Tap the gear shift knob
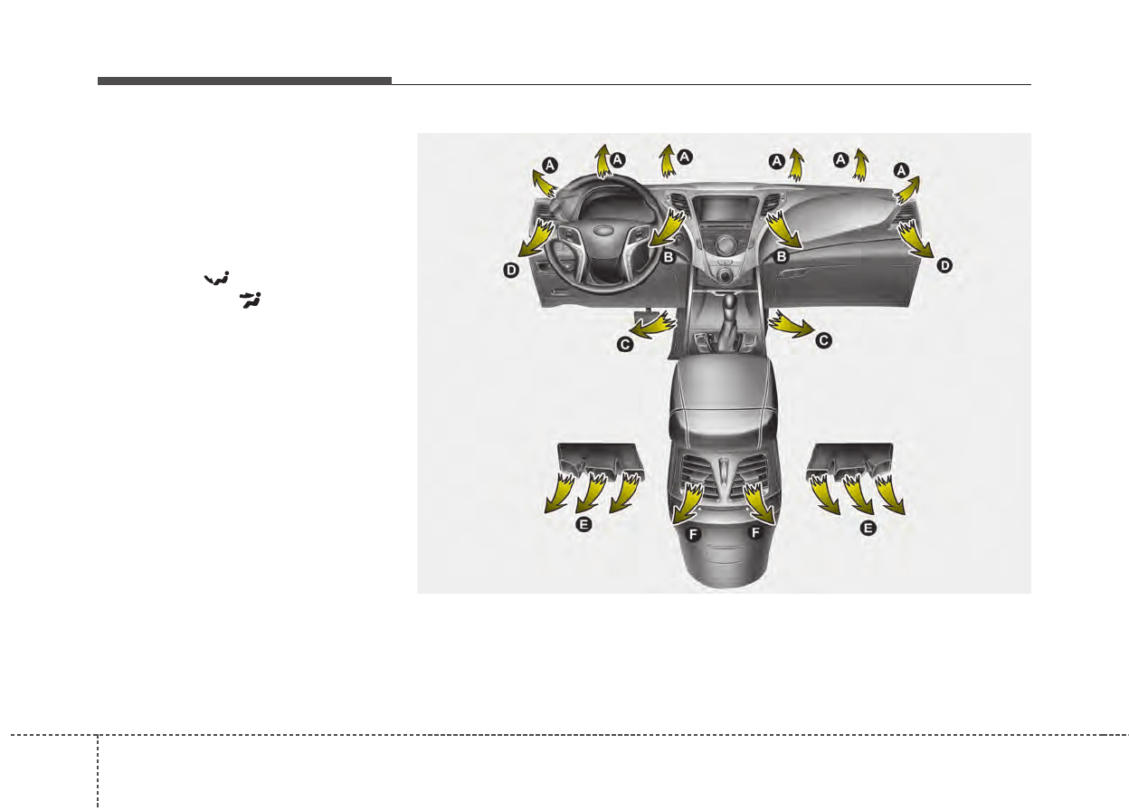pyautogui.click(x=729, y=301)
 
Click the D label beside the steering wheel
pyautogui.click(x=511, y=271)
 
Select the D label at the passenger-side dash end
pyautogui.click(x=944, y=265)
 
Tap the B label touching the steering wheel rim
pyautogui.click(x=669, y=257)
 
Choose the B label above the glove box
pyautogui.click(x=782, y=257)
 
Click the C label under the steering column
pyautogui.click(x=625, y=345)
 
